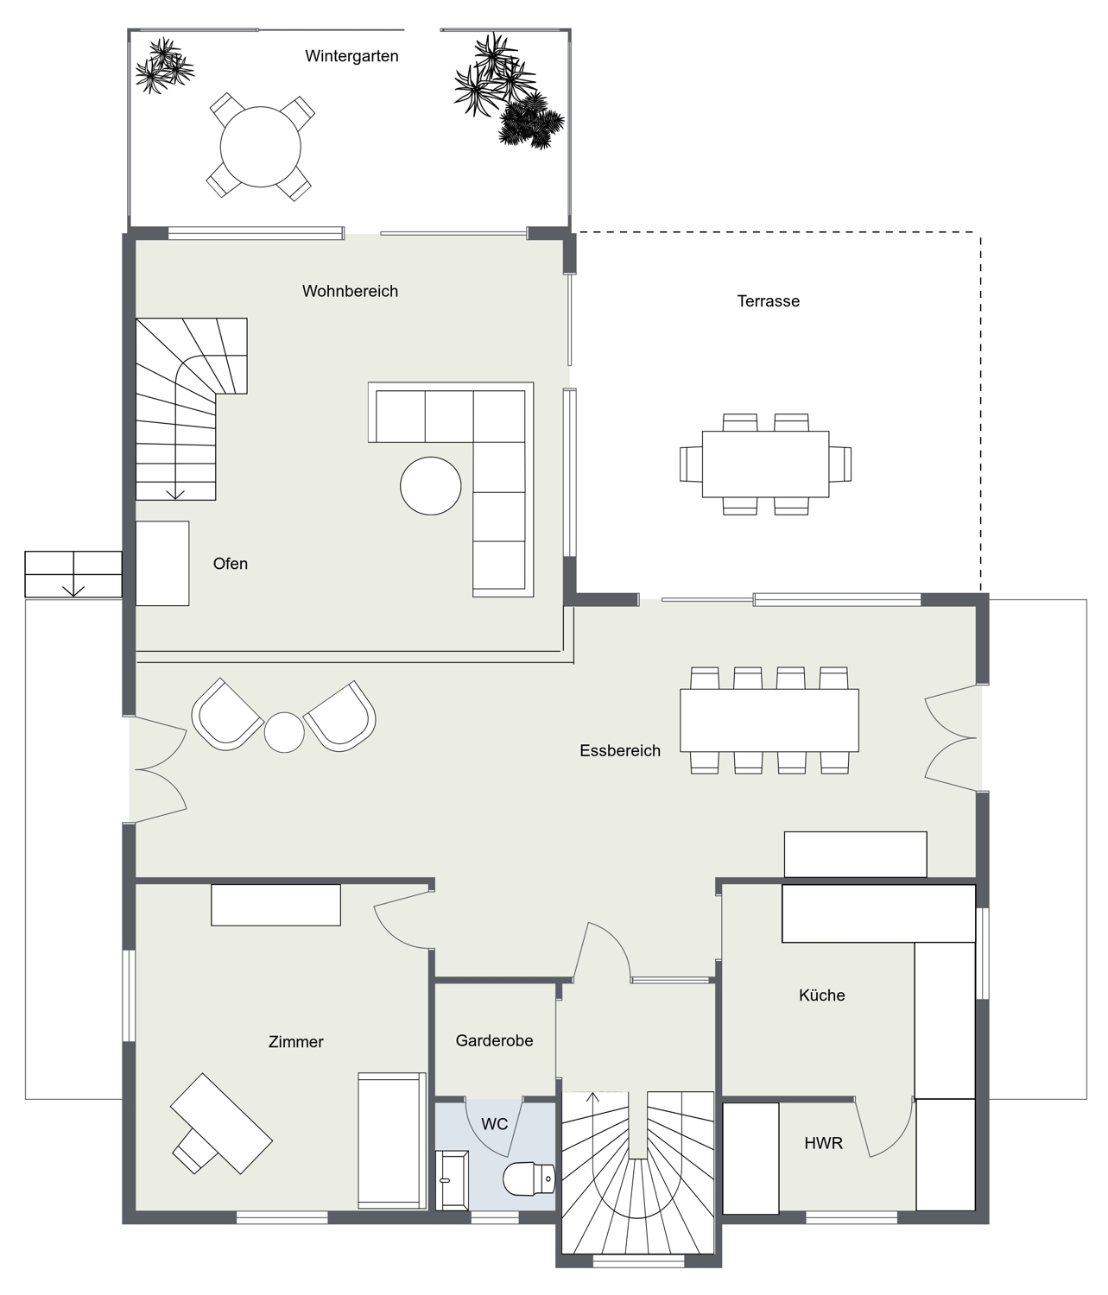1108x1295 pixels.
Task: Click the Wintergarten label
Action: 351,56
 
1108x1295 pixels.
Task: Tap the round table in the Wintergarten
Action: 260,147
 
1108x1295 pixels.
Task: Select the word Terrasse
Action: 769,300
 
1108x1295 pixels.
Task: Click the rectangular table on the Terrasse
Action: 765,464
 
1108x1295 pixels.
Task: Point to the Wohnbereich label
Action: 350,291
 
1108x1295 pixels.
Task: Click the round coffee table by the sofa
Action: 431,486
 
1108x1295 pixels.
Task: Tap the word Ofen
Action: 230,563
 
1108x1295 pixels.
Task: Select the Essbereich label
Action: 620,750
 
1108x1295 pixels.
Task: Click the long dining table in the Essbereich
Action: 769,721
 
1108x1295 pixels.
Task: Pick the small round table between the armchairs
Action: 284,732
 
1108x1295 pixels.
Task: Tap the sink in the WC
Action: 452,1180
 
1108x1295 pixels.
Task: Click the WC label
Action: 494,1124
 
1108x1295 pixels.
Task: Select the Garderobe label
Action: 494,1040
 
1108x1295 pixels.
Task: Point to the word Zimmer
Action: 296,1042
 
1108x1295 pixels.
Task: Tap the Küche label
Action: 821,995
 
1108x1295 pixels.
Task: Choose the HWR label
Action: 823,1143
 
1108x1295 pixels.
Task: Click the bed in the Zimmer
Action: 392,1140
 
